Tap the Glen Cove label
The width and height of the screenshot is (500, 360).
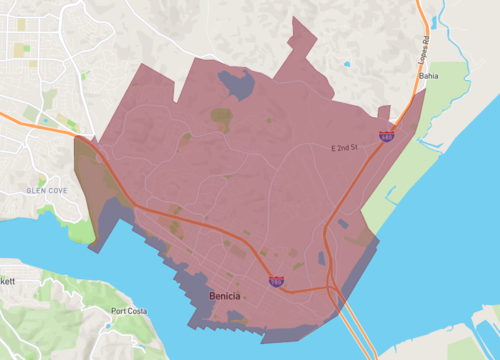[x=48, y=190]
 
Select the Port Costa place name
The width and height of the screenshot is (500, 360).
[x=128, y=311]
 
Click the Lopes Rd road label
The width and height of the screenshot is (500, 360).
[x=423, y=45]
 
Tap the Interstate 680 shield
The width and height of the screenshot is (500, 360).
[x=385, y=134]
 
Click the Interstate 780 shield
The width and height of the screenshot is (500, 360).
[x=275, y=283]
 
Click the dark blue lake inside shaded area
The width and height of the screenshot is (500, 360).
[x=236, y=83]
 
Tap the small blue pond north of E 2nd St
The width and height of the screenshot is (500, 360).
[x=347, y=64]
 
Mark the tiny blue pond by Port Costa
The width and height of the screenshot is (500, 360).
[x=107, y=324]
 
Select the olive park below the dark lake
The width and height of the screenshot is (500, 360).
[x=221, y=119]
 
